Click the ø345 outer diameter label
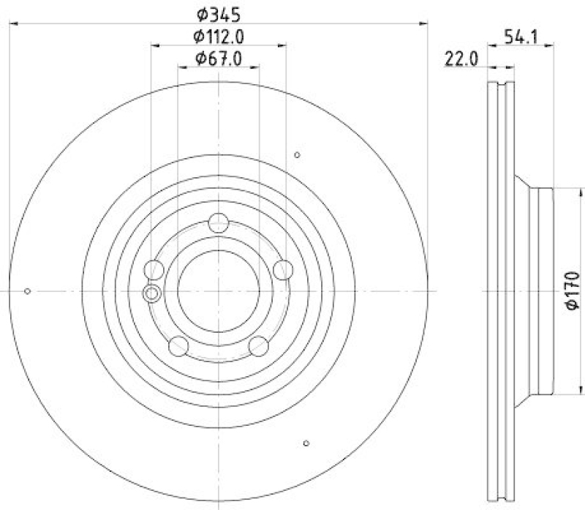pos(219,12)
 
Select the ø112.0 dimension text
pos(219,36)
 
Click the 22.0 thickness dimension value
pos(460,60)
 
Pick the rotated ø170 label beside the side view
pos(573,290)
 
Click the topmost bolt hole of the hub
pos(218,222)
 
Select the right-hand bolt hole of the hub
pos(282,270)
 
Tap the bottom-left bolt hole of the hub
pos(178,345)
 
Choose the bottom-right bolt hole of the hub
pos(258,345)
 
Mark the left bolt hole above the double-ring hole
pos(154,270)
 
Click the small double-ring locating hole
pos(151,294)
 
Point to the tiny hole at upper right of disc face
pos(297,154)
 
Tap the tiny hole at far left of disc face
pos(27,291)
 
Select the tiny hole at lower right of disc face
pos(306,443)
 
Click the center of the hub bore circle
pos(218,291)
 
